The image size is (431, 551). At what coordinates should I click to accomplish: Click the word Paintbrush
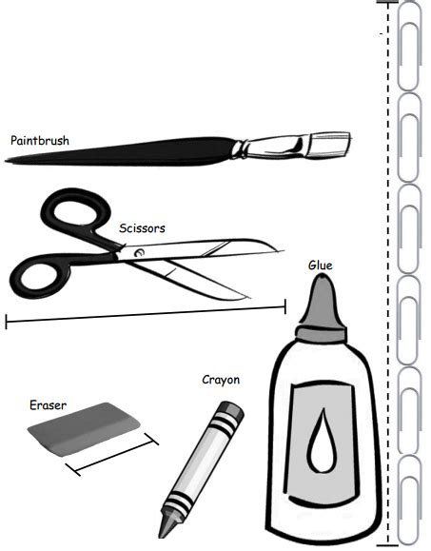pos(40,141)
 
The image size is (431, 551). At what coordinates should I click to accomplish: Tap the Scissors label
pos(142,228)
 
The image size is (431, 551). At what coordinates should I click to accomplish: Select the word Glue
pos(321,265)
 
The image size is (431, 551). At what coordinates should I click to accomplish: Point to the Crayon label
pos(221,380)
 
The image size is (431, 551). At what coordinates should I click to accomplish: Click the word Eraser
pos(48,405)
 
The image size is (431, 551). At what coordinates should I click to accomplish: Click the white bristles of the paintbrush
pos(329,144)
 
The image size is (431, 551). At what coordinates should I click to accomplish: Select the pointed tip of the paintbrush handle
pos(7,161)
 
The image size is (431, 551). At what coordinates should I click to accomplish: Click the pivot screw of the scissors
pos(140,252)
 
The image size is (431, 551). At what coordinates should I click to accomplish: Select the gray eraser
pos(84,429)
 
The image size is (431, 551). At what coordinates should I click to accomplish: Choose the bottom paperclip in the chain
pos(409,501)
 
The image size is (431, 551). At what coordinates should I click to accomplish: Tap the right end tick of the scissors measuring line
pos(284,306)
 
